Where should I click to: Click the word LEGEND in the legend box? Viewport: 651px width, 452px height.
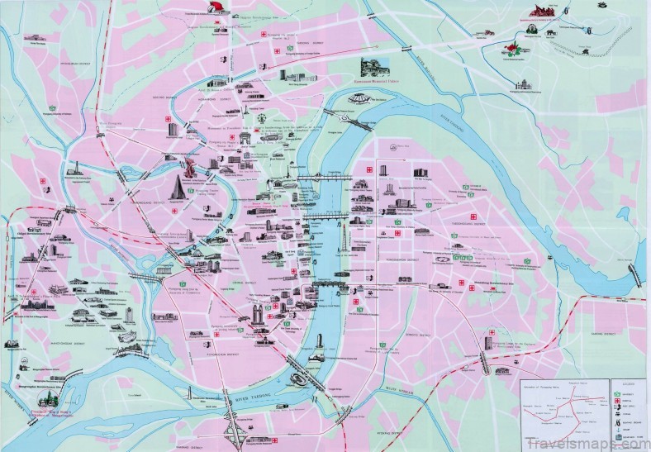click(x=627, y=383)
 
